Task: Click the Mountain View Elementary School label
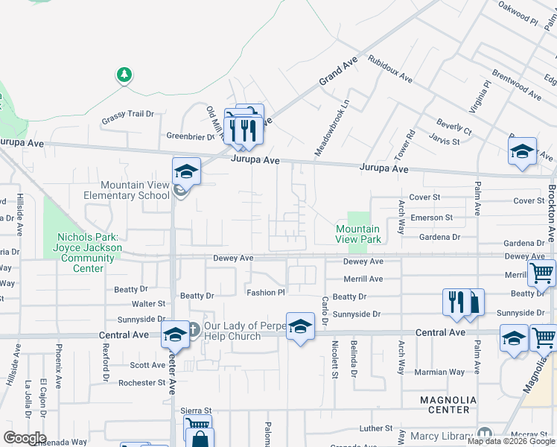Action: pyautogui.click(x=135, y=190)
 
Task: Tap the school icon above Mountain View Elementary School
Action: pyautogui.click(x=186, y=171)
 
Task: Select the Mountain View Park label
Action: pyautogui.click(x=358, y=234)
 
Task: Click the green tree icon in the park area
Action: pyautogui.click(x=124, y=74)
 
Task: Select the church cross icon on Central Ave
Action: pyautogui.click(x=192, y=328)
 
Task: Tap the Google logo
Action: pyautogui.click(x=25, y=437)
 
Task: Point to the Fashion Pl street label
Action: pyautogui.click(x=267, y=293)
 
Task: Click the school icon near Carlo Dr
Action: pyautogui.click(x=300, y=326)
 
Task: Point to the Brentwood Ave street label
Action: pyautogui.click(x=517, y=85)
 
